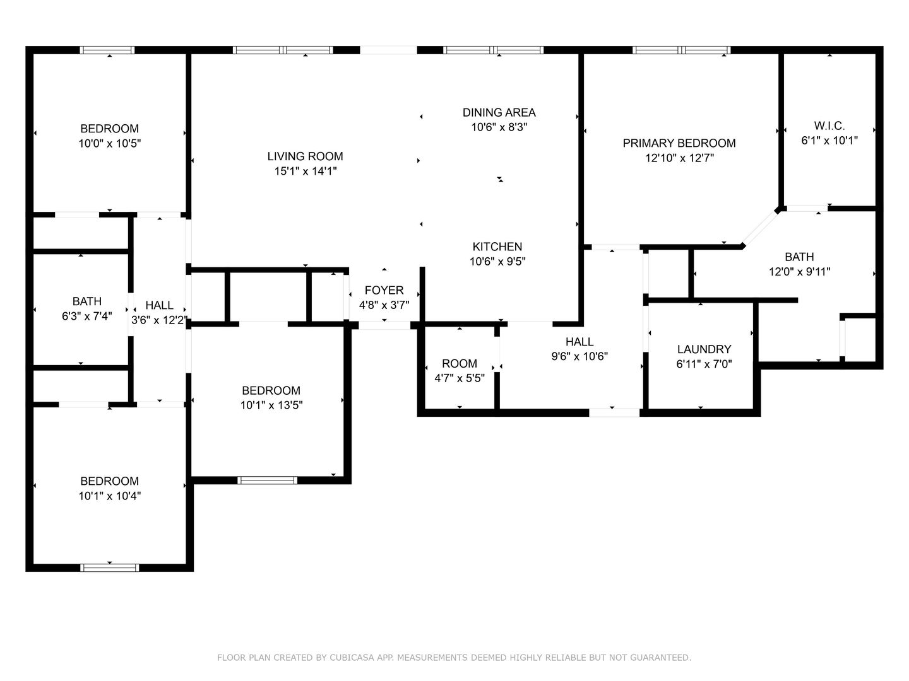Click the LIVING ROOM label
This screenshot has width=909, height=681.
tap(305, 156)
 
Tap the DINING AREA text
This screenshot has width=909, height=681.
tap(499, 112)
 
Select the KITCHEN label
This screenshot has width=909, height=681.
tap(497, 247)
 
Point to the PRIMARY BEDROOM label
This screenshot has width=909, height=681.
tap(679, 143)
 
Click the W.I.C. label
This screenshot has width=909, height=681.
tap(829, 125)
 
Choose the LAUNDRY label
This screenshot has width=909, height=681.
tap(704, 349)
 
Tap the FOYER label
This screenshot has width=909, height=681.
tap(384, 290)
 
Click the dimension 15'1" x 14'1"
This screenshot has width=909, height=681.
tap(305, 171)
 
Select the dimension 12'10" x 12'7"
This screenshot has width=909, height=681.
tap(680, 158)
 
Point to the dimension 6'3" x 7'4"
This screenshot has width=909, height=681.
tap(87, 317)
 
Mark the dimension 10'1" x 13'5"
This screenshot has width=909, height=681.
tap(271, 405)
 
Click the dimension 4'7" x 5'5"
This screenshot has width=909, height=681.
tap(460, 378)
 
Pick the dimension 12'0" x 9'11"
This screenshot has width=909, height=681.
tap(799, 272)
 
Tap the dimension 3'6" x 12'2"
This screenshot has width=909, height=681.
tap(160, 320)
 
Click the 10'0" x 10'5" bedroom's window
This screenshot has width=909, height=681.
tap(107, 50)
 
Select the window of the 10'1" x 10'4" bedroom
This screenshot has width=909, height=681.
tap(110, 567)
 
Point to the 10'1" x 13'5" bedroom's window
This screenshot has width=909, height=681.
tap(267, 480)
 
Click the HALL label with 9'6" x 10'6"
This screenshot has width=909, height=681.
tap(579, 342)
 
